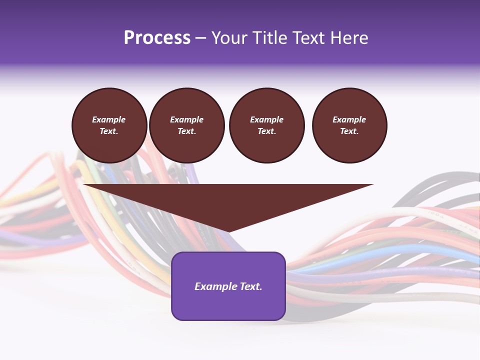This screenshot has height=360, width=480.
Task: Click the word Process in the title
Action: (157, 38)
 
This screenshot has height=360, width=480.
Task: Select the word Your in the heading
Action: (229, 38)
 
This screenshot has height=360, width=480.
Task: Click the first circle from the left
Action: (109, 125)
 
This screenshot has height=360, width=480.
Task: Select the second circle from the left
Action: (187, 125)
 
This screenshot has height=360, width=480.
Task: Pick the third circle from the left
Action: (267, 125)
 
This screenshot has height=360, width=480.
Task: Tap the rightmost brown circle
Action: (349, 125)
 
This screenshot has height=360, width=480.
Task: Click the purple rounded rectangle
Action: (228, 286)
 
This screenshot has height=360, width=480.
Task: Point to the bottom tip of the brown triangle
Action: (228, 232)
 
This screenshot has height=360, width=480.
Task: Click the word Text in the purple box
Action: (250, 286)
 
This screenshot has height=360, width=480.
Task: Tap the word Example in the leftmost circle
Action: (109, 119)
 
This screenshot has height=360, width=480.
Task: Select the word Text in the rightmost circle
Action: (349, 131)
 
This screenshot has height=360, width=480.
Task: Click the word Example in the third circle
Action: (267, 119)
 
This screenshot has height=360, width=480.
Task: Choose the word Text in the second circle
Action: (186, 131)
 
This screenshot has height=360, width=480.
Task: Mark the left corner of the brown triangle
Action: (84, 185)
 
